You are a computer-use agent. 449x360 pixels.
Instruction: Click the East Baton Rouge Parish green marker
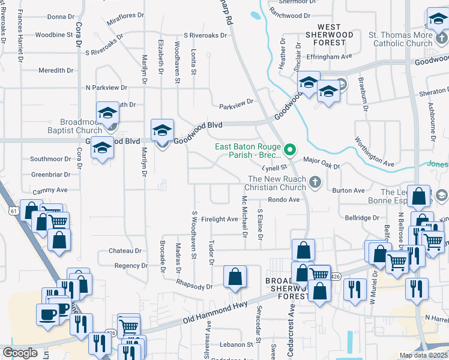[290, 149]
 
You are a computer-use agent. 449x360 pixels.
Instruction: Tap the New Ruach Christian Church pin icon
[315, 181]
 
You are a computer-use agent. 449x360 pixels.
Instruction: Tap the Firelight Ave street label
[220, 220]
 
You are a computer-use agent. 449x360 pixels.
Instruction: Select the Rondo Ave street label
[284, 200]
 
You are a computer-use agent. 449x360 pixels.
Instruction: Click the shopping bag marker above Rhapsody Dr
[235, 277]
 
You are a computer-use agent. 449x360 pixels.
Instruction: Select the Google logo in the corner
[20, 353]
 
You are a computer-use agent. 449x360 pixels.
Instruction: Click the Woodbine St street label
[54, 35]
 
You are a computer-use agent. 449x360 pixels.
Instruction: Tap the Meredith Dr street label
[56, 70]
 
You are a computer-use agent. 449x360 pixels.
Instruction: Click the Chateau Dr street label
[129, 251]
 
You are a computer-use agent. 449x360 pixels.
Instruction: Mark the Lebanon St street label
[236, 344]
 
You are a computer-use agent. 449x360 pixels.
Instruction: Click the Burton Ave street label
[348, 191]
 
